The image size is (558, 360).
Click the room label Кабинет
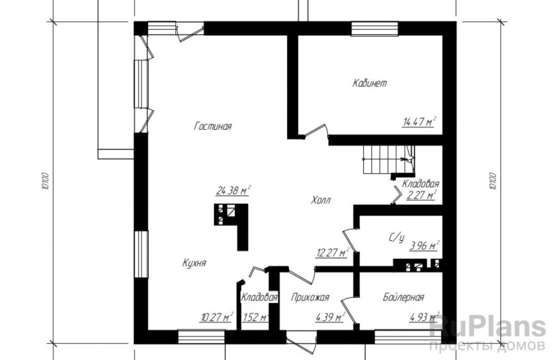pyautogui.click(x=369, y=83)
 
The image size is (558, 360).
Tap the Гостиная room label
pyautogui.click(x=213, y=126)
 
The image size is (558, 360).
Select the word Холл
pyautogui.click(x=320, y=200)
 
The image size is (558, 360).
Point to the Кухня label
pyautogui.click(x=194, y=263)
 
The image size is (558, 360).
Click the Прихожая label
pyautogui.click(x=310, y=297)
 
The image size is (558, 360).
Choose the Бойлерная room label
pyautogui.click(x=404, y=297)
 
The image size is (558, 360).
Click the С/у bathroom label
pyautogui.click(x=397, y=237)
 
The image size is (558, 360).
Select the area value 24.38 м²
pyautogui.click(x=233, y=190)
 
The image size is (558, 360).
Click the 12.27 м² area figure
pyautogui.click(x=332, y=253)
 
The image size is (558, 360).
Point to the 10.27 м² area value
pyautogui.click(x=216, y=316)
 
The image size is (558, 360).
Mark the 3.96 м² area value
pyautogui.click(x=424, y=246)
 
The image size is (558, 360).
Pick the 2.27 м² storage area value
pyautogui.click(x=421, y=196)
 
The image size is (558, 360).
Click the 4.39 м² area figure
pyautogui.click(x=330, y=316)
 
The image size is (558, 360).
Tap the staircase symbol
pyautogui.click(x=389, y=160)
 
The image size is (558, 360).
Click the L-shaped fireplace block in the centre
pyautogui.click(x=231, y=227)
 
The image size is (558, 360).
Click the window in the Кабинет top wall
pyautogui.click(x=374, y=29)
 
